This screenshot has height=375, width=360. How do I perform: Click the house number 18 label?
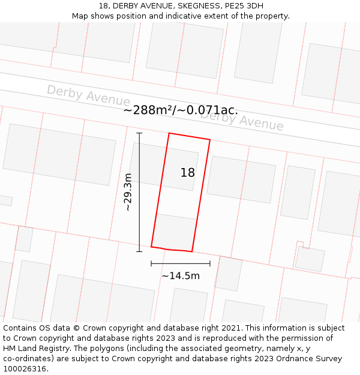(187, 173)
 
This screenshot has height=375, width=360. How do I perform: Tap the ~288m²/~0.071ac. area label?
(181, 110)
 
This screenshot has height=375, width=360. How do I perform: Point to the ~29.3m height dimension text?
(128, 192)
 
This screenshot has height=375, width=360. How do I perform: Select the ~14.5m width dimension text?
(181, 276)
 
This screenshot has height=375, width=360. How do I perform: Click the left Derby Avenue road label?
(88, 95)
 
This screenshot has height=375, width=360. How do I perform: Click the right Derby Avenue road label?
(242, 120)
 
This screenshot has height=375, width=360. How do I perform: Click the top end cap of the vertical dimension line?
(139, 133)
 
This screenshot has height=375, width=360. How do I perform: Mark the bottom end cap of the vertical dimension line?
(139, 251)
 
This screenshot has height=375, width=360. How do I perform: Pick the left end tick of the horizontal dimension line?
(151, 263)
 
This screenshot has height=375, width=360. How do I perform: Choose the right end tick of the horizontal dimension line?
(210, 263)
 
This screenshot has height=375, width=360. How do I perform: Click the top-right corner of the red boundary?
(210, 140)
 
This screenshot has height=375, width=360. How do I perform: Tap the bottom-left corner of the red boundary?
(151, 246)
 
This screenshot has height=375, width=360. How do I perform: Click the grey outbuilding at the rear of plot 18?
(175, 231)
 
